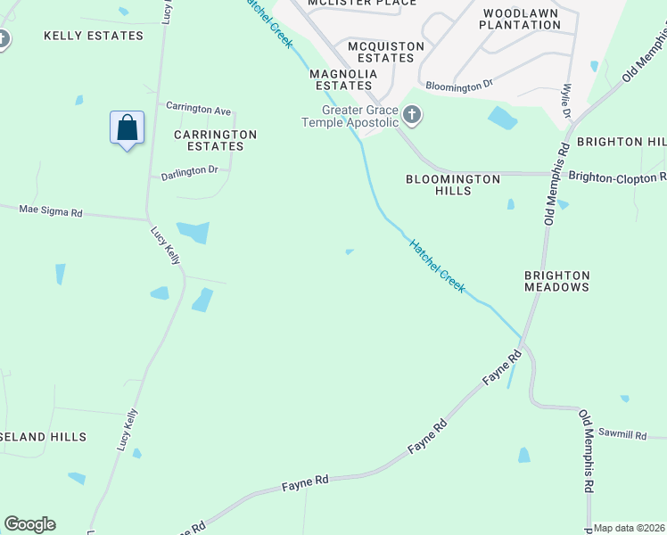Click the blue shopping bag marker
coord(127,128)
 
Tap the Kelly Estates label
coord(93,36)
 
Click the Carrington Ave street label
coord(198,109)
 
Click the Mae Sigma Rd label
coord(51,212)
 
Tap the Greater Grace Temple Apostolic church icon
coord(411,114)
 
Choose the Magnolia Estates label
coord(342,79)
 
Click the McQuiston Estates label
coord(368,52)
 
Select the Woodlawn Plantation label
coord(520,19)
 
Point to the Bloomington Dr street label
coord(459,86)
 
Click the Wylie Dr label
coord(565,101)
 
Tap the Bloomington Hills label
coord(453,185)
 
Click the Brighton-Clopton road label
coord(617,177)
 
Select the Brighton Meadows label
coord(556,282)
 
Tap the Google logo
coord(29,524)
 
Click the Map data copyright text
coord(630,528)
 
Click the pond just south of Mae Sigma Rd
coord(194,232)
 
